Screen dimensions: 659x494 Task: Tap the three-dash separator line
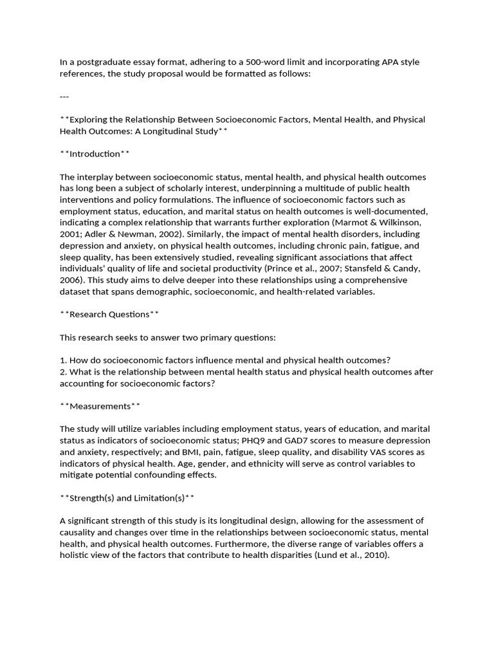pos(64,97)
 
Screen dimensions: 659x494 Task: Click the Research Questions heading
pos(109,315)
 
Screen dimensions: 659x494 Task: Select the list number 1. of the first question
pos(63,361)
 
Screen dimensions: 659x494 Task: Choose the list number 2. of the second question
pos(63,373)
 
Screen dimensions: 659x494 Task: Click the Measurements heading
pos(100,406)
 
